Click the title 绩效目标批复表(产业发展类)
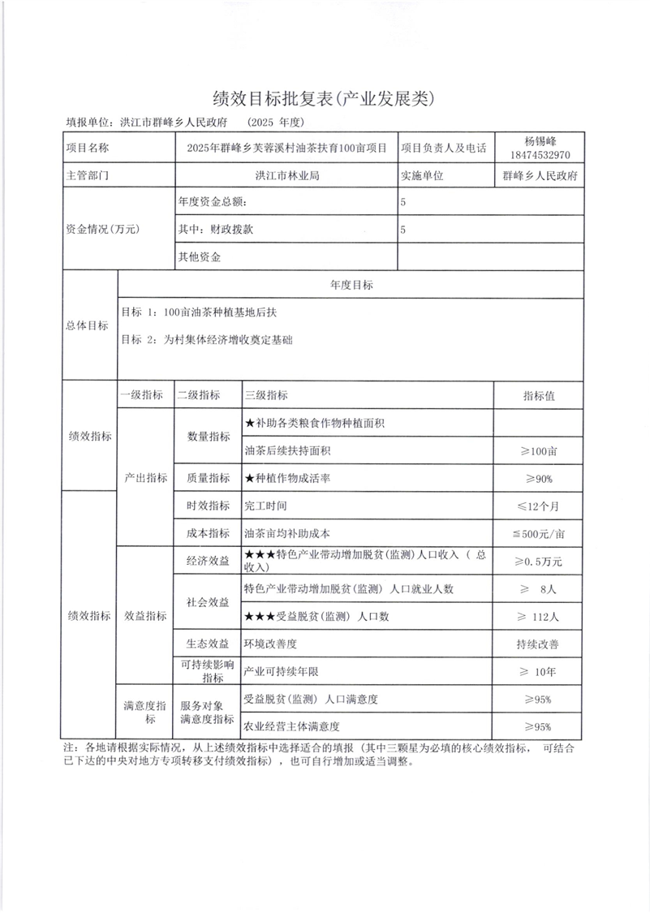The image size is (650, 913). point(325,99)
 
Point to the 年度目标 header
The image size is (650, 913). point(351,285)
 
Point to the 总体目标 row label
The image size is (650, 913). point(87,325)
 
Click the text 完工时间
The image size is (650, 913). point(265,506)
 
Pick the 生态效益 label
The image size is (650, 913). point(207,644)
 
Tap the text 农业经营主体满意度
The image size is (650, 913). point(291,726)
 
